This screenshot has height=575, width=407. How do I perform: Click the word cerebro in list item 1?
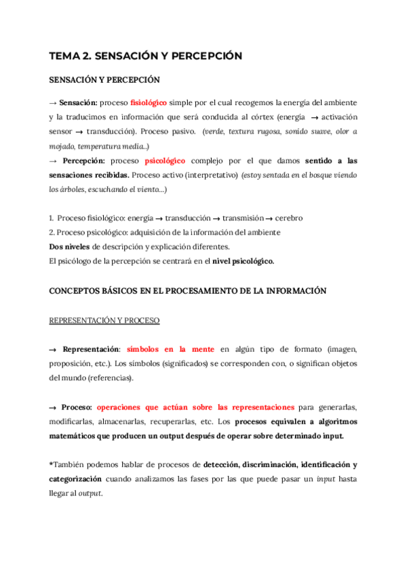point(288,218)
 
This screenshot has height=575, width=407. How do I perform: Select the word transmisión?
point(239,218)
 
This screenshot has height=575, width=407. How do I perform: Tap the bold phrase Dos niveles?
point(70,247)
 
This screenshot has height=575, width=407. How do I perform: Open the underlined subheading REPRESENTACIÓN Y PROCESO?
point(104,319)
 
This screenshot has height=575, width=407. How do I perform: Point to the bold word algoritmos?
point(330,422)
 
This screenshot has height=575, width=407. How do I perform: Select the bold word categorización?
point(77,480)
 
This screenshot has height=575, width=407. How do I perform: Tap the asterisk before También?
point(51,465)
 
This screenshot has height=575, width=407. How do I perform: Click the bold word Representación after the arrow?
point(90,349)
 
